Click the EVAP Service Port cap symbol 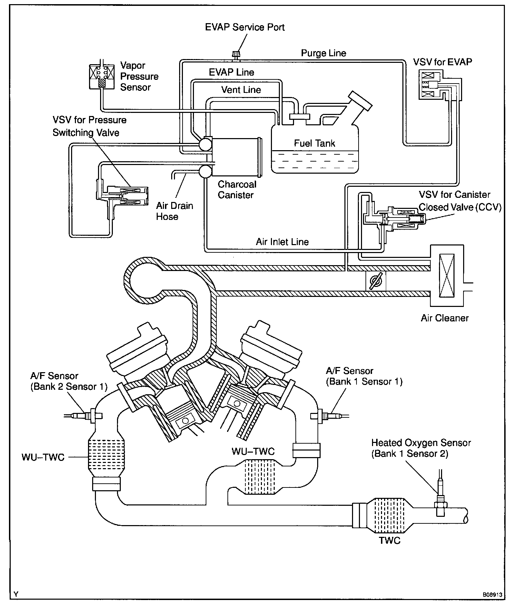[x=236, y=55]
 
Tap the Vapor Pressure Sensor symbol [x=101, y=76]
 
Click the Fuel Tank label [x=314, y=143]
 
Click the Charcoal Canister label [x=237, y=190]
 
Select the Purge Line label [x=323, y=53]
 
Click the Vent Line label [x=241, y=90]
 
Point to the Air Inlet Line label [x=282, y=242]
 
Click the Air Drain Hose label [x=174, y=211]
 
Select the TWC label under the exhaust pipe [x=390, y=540]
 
